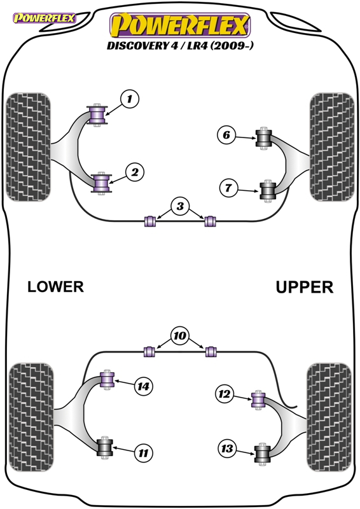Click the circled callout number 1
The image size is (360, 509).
130,99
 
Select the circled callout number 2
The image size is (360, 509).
135,172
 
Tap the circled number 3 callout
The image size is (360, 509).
180,206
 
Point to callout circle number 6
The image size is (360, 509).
226,135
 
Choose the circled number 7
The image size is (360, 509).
228,188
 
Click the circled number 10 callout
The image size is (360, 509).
180,336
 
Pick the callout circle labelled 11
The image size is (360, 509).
143,452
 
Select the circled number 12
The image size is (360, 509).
225,394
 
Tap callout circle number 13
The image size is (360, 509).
227,449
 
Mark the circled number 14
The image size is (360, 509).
144,386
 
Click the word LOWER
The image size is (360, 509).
55,287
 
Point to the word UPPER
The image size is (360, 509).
305,288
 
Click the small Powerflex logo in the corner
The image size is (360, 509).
44,18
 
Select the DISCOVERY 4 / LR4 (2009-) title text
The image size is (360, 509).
180,45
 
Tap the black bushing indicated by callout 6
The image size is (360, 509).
263,138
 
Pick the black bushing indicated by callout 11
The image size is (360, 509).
104,448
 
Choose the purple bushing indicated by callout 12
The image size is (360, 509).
258,400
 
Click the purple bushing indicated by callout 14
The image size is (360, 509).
107,380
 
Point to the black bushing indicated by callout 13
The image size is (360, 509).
262,454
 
